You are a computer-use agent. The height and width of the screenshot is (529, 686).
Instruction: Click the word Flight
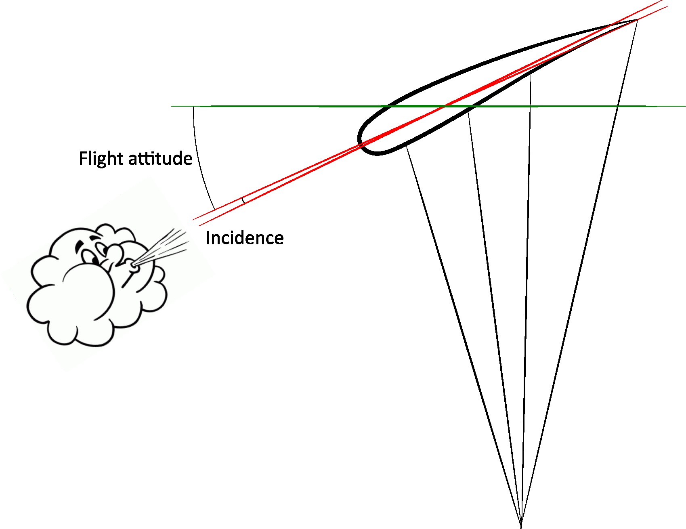coord(101,158)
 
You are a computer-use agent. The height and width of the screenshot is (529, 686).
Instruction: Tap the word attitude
coord(160,158)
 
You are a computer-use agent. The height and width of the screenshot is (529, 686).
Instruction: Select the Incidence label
coord(244,238)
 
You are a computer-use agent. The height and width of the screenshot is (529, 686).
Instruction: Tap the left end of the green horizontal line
coord(172,106)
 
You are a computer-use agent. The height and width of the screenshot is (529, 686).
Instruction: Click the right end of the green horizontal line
coord(684,106)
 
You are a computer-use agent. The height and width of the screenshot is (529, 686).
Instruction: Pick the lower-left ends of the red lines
coord(196,221)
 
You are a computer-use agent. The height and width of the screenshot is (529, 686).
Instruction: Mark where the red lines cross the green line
coord(445,106)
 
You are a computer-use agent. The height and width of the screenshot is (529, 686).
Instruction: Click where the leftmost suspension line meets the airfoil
coord(406,147)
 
